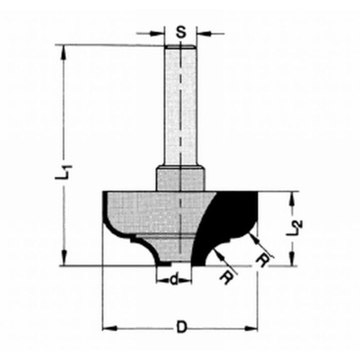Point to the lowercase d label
[x=174, y=280]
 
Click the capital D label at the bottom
[x=182, y=327]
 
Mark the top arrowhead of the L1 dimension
[x=64, y=50]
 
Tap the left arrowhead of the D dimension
[x=108, y=328]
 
